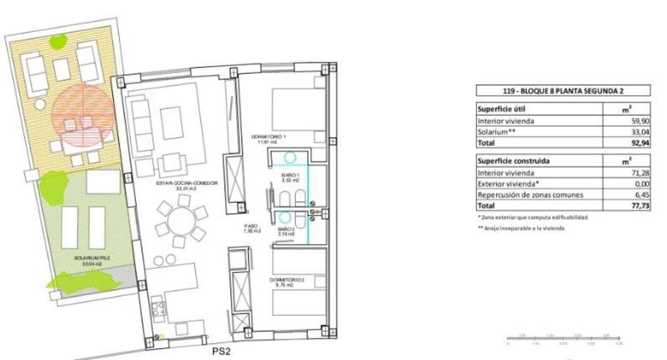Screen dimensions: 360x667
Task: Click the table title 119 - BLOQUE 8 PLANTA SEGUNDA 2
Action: point(563,91)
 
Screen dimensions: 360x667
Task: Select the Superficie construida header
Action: point(512,161)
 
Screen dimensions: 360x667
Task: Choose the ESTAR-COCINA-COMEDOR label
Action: point(186,183)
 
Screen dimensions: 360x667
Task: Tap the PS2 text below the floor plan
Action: point(221,352)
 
